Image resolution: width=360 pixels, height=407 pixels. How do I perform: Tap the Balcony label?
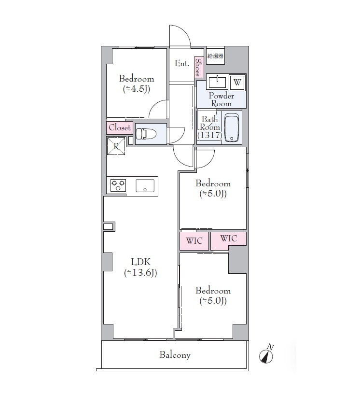(x=175, y=355)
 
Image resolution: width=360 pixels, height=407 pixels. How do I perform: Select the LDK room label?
(x=140, y=262)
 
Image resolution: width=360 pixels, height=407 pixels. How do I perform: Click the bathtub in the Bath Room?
(x=232, y=128)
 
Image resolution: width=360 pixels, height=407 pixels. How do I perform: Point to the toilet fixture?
(x=146, y=134)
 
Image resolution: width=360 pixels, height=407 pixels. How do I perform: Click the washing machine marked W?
(x=237, y=83)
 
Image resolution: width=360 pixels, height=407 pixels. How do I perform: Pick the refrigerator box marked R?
(x=116, y=146)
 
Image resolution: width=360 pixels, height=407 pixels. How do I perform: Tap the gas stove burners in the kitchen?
(x=118, y=185)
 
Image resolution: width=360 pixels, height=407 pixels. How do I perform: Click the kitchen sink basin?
(x=145, y=185)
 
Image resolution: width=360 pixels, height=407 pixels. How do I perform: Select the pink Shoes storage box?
(x=199, y=67)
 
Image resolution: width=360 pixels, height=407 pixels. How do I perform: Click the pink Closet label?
(x=120, y=128)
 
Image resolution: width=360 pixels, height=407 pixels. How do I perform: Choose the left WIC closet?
(x=194, y=241)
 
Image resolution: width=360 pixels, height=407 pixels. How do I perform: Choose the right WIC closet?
(x=228, y=239)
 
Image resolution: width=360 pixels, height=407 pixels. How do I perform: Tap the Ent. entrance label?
(x=182, y=63)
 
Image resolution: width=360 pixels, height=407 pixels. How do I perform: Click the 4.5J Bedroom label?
(x=137, y=84)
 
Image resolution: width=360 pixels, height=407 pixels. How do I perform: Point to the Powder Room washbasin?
(x=217, y=82)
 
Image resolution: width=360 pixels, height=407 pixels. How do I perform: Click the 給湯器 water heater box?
(x=215, y=56)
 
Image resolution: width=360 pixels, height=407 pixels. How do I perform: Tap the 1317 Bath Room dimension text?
(x=209, y=135)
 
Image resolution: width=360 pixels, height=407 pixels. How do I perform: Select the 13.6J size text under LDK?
(x=140, y=273)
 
